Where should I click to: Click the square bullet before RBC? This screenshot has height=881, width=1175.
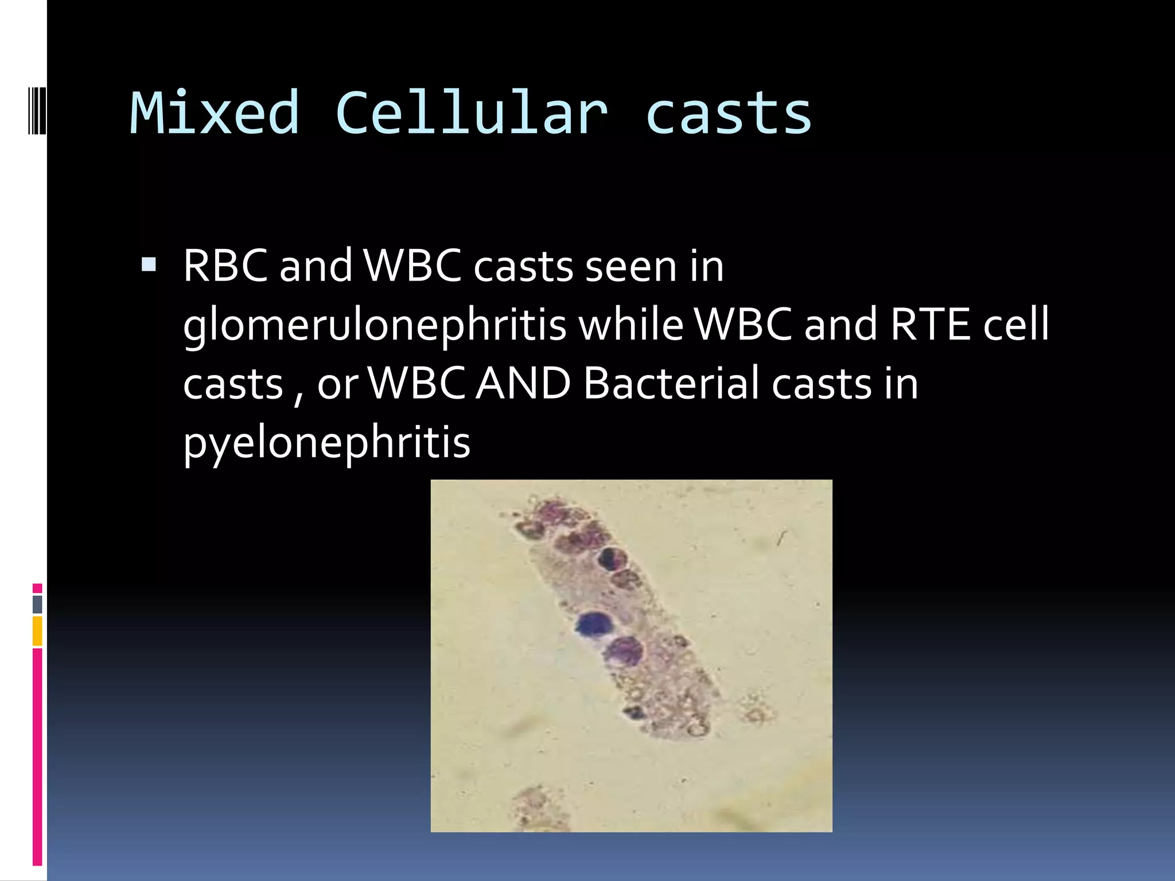pyautogui.click(x=148, y=264)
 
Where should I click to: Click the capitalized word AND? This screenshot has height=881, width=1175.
pyautogui.click(x=523, y=383)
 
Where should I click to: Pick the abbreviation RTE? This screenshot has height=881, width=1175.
pyautogui.click(x=930, y=324)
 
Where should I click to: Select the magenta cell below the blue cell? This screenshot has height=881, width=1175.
pyautogui.click(x=625, y=650)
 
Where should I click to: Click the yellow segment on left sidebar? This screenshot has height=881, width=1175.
pyautogui.click(x=37, y=631)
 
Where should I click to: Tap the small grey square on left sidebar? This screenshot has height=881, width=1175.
pyautogui.click(x=37, y=604)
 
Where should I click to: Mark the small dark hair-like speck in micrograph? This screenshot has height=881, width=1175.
pyautogui.click(x=781, y=537)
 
